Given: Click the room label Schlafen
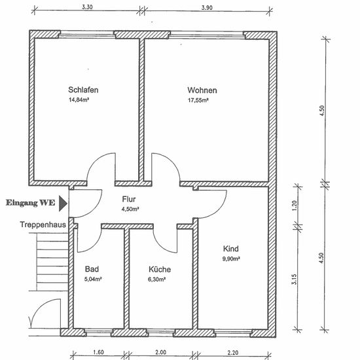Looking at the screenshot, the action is (83, 90).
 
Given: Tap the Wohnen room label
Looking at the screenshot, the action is (202, 90).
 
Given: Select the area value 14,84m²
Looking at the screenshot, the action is (79, 100).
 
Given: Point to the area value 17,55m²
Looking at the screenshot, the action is (198, 100).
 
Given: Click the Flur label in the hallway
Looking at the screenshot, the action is (129, 199).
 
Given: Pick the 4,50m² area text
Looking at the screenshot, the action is (130, 209).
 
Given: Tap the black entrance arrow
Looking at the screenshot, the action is (63, 204).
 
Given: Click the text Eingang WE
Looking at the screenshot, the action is (31, 203).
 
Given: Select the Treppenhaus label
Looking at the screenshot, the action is (43, 225).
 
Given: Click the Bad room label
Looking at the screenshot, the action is (92, 269).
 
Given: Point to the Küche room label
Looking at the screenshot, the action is (160, 269).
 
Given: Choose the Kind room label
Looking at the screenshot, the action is (231, 249).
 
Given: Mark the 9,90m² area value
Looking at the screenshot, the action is (231, 259).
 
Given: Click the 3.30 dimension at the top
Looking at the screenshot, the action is (87, 7).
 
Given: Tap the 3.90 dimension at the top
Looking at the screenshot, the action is (207, 8).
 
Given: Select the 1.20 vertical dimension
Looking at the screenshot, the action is (295, 206).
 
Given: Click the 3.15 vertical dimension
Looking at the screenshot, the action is (294, 279).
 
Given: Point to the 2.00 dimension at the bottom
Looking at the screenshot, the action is (160, 352).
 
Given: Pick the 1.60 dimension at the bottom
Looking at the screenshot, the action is (98, 352).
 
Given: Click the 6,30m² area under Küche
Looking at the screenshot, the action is (157, 279).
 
